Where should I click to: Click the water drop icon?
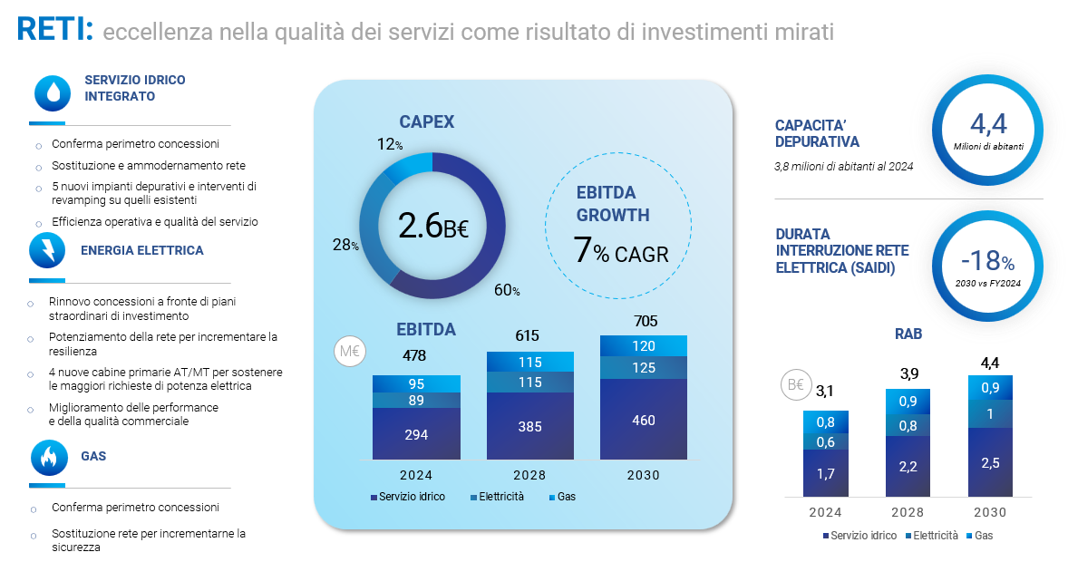[x=53, y=92]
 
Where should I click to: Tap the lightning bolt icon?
[x=47, y=250]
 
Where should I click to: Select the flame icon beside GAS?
[x=48, y=457]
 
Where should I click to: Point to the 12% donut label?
[x=390, y=144]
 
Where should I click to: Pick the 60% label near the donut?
[x=507, y=290]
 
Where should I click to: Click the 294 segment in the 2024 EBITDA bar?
[x=416, y=434]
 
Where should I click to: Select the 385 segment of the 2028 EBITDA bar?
[x=530, y=426]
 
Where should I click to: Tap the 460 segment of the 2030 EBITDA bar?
[x=644, y=420]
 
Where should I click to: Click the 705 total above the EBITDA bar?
[x=646, y=321]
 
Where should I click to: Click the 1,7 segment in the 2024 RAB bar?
[x=826, y=473]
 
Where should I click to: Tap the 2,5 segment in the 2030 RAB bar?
[x=990, y=462]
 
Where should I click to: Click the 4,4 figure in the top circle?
[x=988, y=124]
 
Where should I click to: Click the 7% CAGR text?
[x=621, y=251]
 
